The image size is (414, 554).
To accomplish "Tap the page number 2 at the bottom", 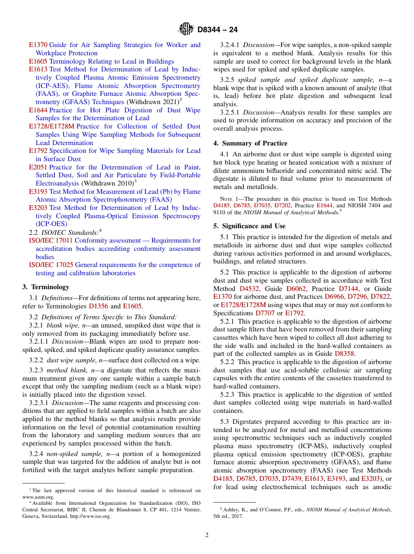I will pos(207,535).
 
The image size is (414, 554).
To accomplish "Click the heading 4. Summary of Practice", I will pos(250,143).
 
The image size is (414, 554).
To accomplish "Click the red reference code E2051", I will pos(38,167).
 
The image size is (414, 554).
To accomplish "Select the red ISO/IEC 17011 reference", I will pos(51,240).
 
